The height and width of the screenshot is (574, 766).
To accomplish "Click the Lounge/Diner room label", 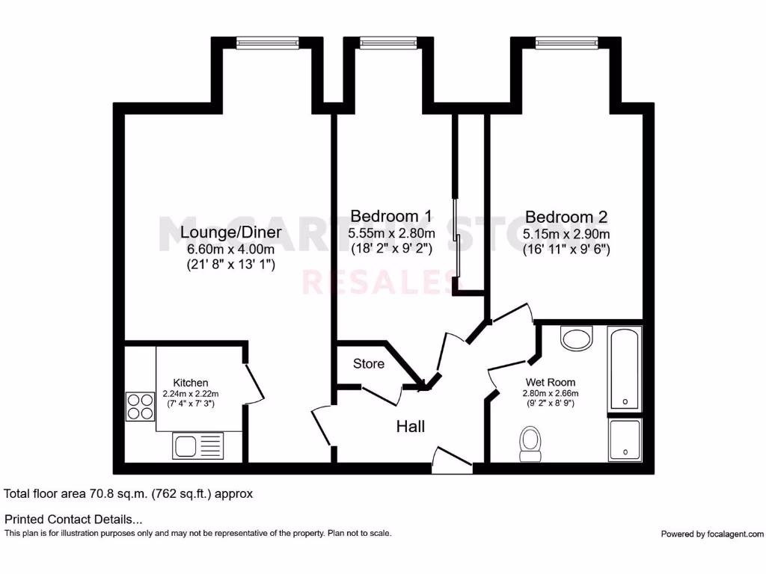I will click(230, 232).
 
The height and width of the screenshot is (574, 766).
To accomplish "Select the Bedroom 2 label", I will click(566, 217).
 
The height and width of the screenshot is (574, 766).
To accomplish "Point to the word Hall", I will click(411, 426).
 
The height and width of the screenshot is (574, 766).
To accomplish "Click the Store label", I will click(369, 364).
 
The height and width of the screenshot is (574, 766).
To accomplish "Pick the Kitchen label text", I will click(191, 383).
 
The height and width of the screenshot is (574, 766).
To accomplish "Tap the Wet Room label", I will click(551, 380).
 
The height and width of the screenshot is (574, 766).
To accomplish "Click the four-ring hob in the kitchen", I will click(140, 407).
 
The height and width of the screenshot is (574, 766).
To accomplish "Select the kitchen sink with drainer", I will click(198, 446).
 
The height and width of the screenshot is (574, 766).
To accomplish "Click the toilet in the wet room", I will click(531, 443).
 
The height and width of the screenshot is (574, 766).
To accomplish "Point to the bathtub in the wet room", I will click(624, 368).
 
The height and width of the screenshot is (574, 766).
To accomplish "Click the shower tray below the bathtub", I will click(625, 439).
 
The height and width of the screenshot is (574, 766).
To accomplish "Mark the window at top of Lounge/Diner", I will click(267, 43).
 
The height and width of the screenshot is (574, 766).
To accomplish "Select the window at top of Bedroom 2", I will click(566, 43).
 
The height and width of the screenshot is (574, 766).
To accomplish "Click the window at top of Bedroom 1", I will click(388, 43).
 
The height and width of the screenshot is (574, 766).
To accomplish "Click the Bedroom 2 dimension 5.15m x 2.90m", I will click(566, 234).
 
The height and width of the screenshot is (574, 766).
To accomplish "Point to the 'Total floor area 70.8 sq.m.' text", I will click(129, 493).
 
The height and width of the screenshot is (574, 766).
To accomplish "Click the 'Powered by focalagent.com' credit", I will click(712, 534).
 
